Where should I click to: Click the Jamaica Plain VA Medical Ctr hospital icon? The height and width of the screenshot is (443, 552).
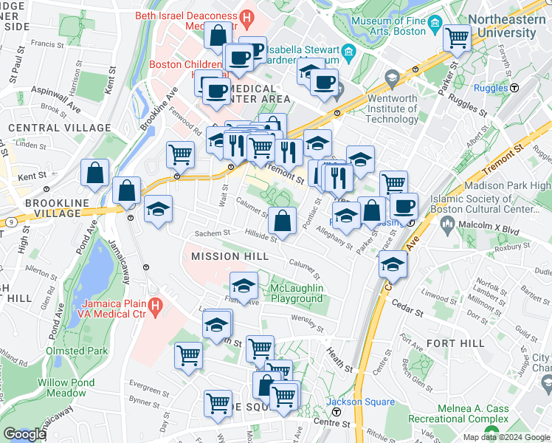click(155, 304)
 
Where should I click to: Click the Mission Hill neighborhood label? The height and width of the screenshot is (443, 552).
click(226, 256)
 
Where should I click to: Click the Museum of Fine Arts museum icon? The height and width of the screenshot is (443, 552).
click(435, 26)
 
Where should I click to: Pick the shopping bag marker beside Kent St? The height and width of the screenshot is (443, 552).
click(95, 174)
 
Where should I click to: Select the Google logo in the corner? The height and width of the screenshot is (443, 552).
click(24, 434)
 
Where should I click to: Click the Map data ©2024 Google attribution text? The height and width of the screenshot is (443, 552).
click(506, 437)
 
